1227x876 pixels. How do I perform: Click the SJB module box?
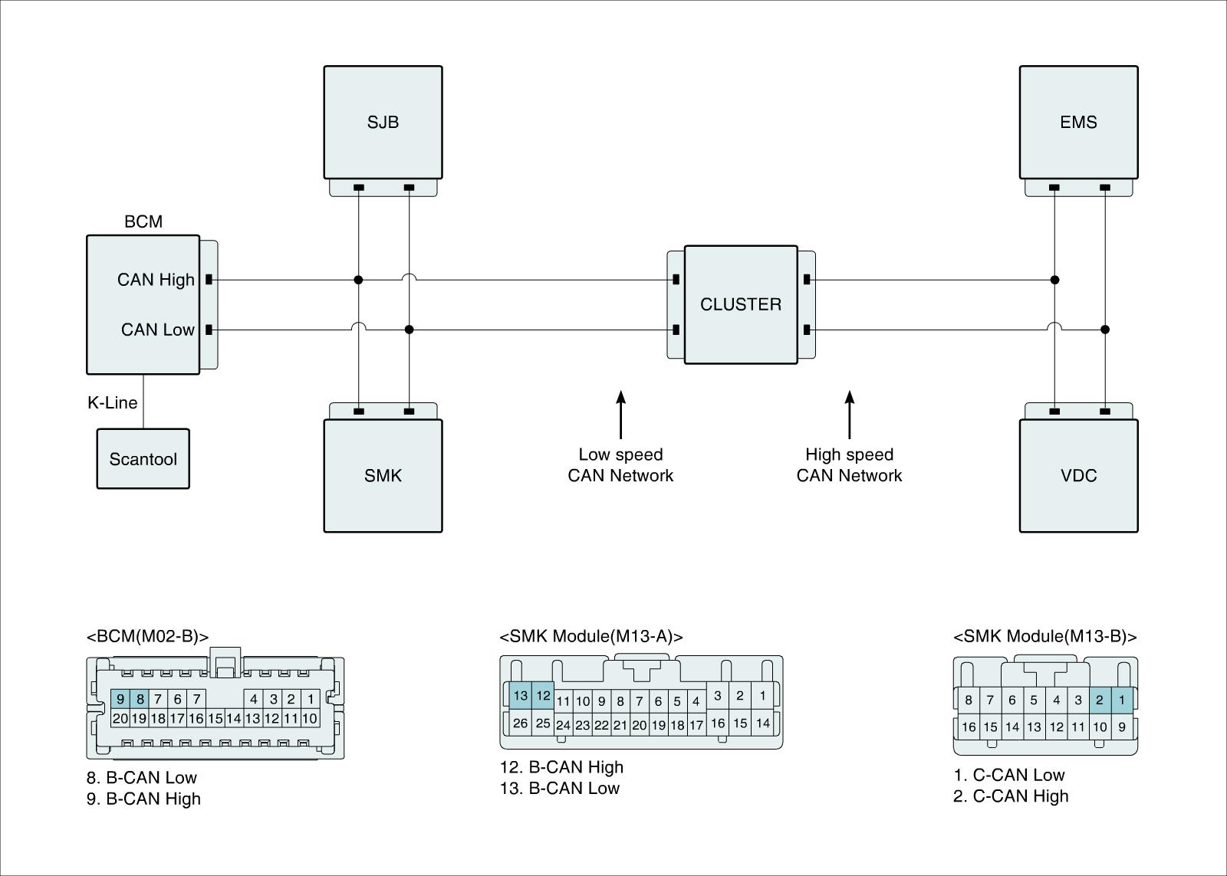coord(383,122)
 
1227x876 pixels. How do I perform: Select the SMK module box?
coord(383,475)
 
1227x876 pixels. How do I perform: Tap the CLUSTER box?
coord(741,304)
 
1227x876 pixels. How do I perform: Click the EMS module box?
coord(1078,122)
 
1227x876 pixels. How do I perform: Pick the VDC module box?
coord(1078,475)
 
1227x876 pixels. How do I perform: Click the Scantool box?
coord(143,459)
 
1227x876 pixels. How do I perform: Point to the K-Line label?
coord(112,402)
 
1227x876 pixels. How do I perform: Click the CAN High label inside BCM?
coord(156,280)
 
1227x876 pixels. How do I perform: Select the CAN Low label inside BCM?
coord(158,330)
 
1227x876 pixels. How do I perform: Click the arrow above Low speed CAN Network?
coord(621,414)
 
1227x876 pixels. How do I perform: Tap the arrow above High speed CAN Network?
coord(849,414)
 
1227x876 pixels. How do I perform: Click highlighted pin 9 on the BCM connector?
coord(120,699)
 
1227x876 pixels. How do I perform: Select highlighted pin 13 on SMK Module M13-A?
coord(521,696)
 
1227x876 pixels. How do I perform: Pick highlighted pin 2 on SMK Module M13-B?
coord(1100,700)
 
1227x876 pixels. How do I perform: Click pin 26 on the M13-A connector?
coord(521,723)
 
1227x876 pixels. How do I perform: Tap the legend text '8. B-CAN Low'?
coord(142,778)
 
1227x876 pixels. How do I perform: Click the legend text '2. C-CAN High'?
coord(1011,796)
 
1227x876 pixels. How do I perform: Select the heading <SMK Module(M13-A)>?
coord(590,636)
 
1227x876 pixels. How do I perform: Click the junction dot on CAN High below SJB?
coord(358,280)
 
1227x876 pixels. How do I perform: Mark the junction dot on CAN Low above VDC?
coord(1104,330)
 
